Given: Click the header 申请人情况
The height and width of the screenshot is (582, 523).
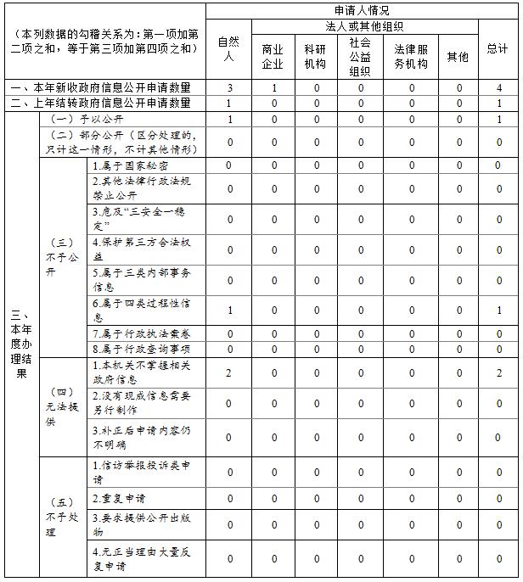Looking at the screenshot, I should (x=362, y=10).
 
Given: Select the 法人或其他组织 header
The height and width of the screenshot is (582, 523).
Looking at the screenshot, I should (x=363, y=25).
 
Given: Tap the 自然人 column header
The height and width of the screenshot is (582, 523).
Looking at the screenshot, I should (x=228, y=49).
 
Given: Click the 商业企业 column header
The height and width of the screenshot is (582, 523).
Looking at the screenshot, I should (x=273, y=57).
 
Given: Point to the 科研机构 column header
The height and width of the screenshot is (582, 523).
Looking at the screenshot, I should (x=317, y=57).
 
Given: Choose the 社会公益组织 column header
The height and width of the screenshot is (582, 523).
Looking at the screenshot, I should (x=360, y=57).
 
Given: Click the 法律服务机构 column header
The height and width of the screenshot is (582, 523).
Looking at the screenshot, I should (x=412, y=57).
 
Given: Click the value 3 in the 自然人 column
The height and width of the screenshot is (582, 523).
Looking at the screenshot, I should (x=229, y=87).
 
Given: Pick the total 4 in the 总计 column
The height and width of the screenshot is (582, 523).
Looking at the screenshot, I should (x=498, y=87).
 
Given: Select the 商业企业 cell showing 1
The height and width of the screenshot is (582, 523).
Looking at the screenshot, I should (x=273, y=87).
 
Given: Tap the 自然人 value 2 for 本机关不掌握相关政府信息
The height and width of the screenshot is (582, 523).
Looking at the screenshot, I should (x=229, y=372).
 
